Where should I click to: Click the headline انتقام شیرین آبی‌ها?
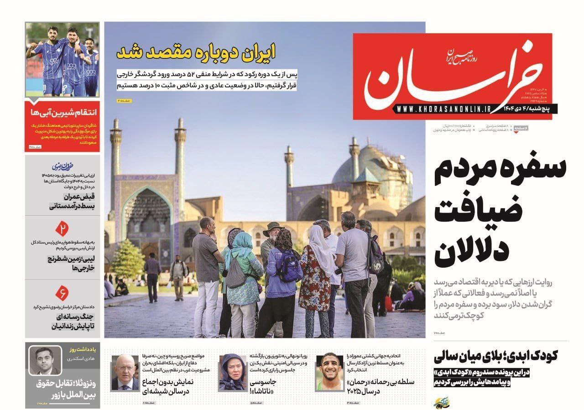(63, 113)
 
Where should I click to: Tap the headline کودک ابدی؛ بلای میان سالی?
(499, 356)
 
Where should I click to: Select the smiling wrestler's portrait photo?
(329, 372)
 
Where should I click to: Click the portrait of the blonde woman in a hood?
(233, 372)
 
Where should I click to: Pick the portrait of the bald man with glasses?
(125, 372)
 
